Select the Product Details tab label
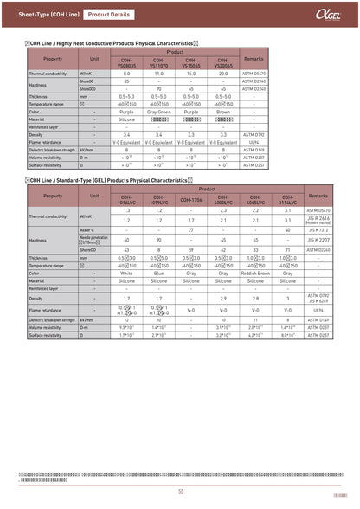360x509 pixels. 108,15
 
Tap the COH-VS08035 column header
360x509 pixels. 126,63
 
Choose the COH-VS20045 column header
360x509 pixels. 223,63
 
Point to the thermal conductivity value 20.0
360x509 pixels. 223,74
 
